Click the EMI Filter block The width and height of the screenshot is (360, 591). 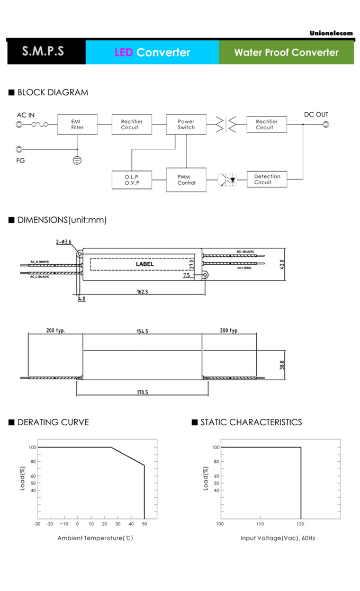click(77, 124)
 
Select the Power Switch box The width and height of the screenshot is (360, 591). click(186, 124)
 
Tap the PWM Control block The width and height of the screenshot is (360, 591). click(186, 180)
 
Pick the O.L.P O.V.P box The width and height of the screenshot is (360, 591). click(131, 180)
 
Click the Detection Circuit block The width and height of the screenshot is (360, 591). click(267, 180)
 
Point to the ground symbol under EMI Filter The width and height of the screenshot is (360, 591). click(77, 159)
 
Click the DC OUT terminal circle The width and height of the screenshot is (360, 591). click(326, 125)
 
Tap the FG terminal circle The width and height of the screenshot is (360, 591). click(20, 149)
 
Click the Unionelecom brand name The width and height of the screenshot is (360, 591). click(331, 33)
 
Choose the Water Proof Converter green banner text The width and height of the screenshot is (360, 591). click(286, 52)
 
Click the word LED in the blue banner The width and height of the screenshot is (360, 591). click(123, 52)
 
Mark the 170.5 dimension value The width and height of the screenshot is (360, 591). click(142, 392)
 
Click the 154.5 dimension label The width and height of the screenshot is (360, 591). click(142, 331)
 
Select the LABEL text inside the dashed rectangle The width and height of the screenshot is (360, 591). click(145, 264)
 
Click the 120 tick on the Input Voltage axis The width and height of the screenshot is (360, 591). click(301, 524)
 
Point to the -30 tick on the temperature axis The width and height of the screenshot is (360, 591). click(37, 524)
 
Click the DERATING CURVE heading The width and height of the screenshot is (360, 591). click(53, 422)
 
